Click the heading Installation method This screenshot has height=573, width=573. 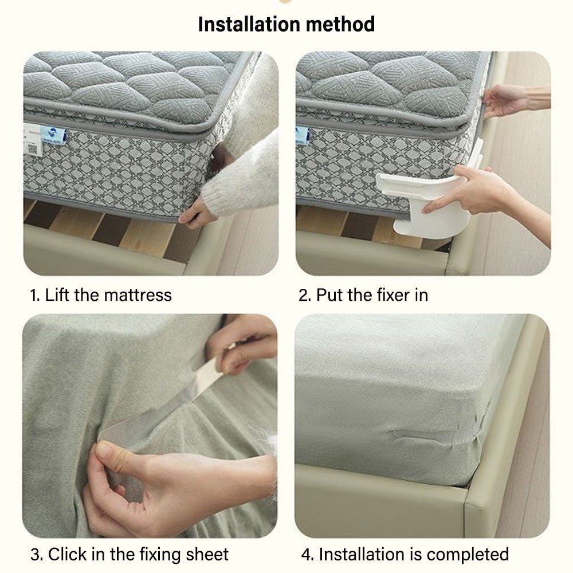(x=286, y=24)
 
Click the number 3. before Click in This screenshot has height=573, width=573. (x=37, y=554)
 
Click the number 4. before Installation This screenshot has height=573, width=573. (x=307, y=554)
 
